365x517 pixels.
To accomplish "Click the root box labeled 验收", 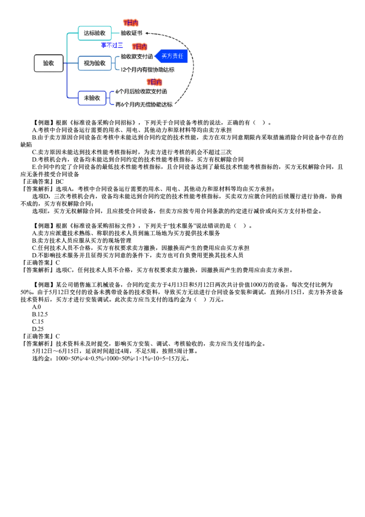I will [x=48, y=63].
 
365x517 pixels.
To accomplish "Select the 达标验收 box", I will [x=95, y=33].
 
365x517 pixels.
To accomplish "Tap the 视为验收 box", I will [x=95, y=63].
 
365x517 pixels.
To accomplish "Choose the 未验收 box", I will [x=92, y=98].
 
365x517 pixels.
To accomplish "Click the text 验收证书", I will [x=131, y=33].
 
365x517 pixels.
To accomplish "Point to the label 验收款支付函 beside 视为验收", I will [x=137, y=56].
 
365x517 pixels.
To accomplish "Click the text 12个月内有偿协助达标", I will [x=147, y=70].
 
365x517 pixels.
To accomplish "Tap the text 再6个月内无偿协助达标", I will [x=143, y=105].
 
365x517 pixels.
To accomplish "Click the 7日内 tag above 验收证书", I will [x=130, y=23].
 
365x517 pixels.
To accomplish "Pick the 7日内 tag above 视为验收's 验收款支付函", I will [x=140, y=47].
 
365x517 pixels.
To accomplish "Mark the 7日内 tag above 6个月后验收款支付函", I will [x=154, y=82].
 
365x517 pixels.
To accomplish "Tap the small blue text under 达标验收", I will [x=111, y=45].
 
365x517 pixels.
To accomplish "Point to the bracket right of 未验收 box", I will [x=110, y=98].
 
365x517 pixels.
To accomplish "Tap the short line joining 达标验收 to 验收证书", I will [x=116, y=33].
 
